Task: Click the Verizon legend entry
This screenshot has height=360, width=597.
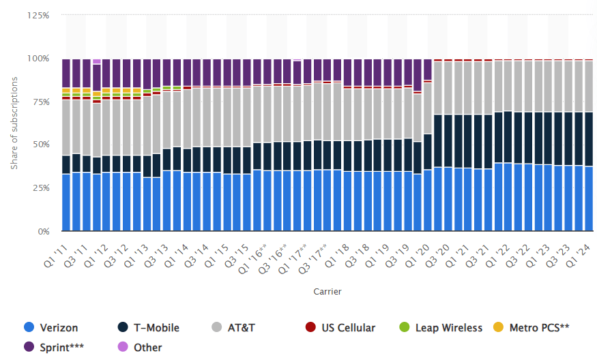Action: [x=51, y=328]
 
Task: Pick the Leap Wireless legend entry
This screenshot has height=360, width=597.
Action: [x=443, y=328]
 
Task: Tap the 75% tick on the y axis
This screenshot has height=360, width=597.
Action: [x=40, y=102]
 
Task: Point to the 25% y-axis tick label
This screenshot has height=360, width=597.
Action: [x=40, y=188]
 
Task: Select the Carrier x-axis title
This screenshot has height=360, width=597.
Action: [x=327, y=291]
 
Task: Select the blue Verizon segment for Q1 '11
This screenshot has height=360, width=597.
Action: [x=66, y=202]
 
